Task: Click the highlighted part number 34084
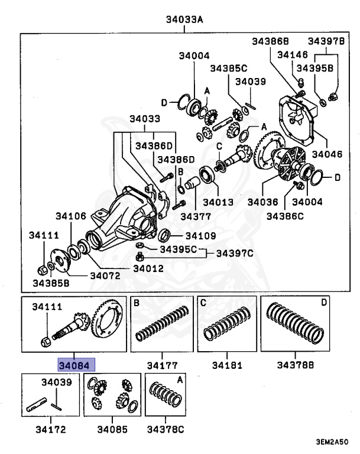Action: point(76,365)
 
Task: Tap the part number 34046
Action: point(327,155)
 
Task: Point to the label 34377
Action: point(196,216)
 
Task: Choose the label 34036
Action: point(262,202)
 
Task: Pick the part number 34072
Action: point(105,275)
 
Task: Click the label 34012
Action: point(148,268)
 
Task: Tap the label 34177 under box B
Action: point(161,365)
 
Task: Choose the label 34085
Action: point(112,429)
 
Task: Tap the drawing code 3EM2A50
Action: point(331,442)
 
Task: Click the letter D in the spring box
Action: point(323,303)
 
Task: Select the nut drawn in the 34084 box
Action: point(47,340)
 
